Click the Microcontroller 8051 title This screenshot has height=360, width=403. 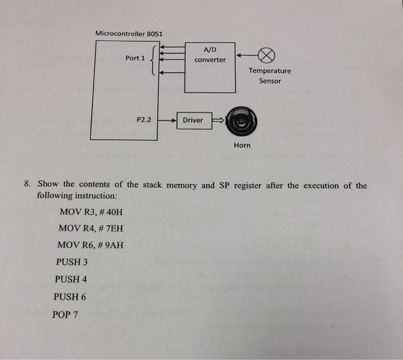click(129, 33)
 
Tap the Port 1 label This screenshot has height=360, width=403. click(135, 58)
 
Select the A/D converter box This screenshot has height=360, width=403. click(210, 67)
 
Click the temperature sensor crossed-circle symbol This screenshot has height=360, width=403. click(265, 56)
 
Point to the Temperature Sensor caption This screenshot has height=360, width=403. click(269, 76)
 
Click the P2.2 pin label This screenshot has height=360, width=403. click(143, 120)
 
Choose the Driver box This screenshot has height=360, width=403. click(193, 120)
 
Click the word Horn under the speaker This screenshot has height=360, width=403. click(242, 145)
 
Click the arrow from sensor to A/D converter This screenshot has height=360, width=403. click(245, 56)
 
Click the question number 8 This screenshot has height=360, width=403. click(27, 185)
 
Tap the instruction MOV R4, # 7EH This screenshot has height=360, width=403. click(90, 228)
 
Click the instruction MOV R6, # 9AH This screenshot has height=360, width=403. click(90, 246)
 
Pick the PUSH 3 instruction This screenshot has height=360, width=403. click(72, 262)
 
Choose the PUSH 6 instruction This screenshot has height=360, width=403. click(70, 297)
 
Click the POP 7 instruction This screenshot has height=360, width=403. click(67, 315)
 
